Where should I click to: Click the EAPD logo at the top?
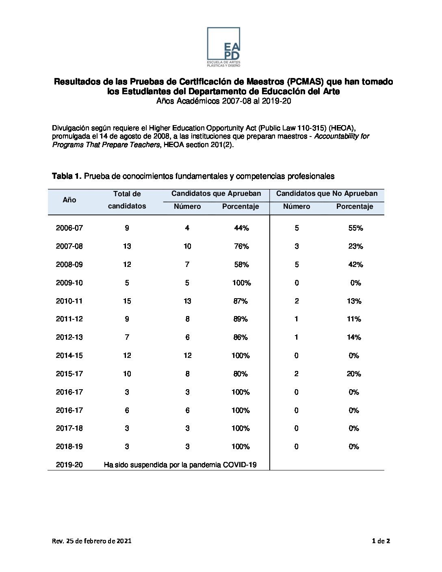point(223,47)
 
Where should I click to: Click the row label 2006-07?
point(69,228)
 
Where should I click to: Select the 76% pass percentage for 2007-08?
point(241,246)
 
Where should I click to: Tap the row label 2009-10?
point(69,283)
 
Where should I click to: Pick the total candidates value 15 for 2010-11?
point(127,301)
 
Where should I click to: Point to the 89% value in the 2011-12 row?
point(240,319)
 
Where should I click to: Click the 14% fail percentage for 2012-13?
point(354,337)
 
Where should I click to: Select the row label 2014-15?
point(69,355)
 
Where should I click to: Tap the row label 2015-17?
point(69,374)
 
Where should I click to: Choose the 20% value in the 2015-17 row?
point(354,374)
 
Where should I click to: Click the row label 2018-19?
point(69,446)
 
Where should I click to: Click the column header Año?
point(69,200)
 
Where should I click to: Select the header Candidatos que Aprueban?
point(216,194)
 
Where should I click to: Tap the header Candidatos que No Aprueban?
point(327,194)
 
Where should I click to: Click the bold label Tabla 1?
point(67,176)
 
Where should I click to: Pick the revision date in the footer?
point(91,541)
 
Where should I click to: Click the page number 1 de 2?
point(381,541)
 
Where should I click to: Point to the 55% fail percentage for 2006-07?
point(355,228)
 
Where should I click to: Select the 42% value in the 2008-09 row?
point(355,264)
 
